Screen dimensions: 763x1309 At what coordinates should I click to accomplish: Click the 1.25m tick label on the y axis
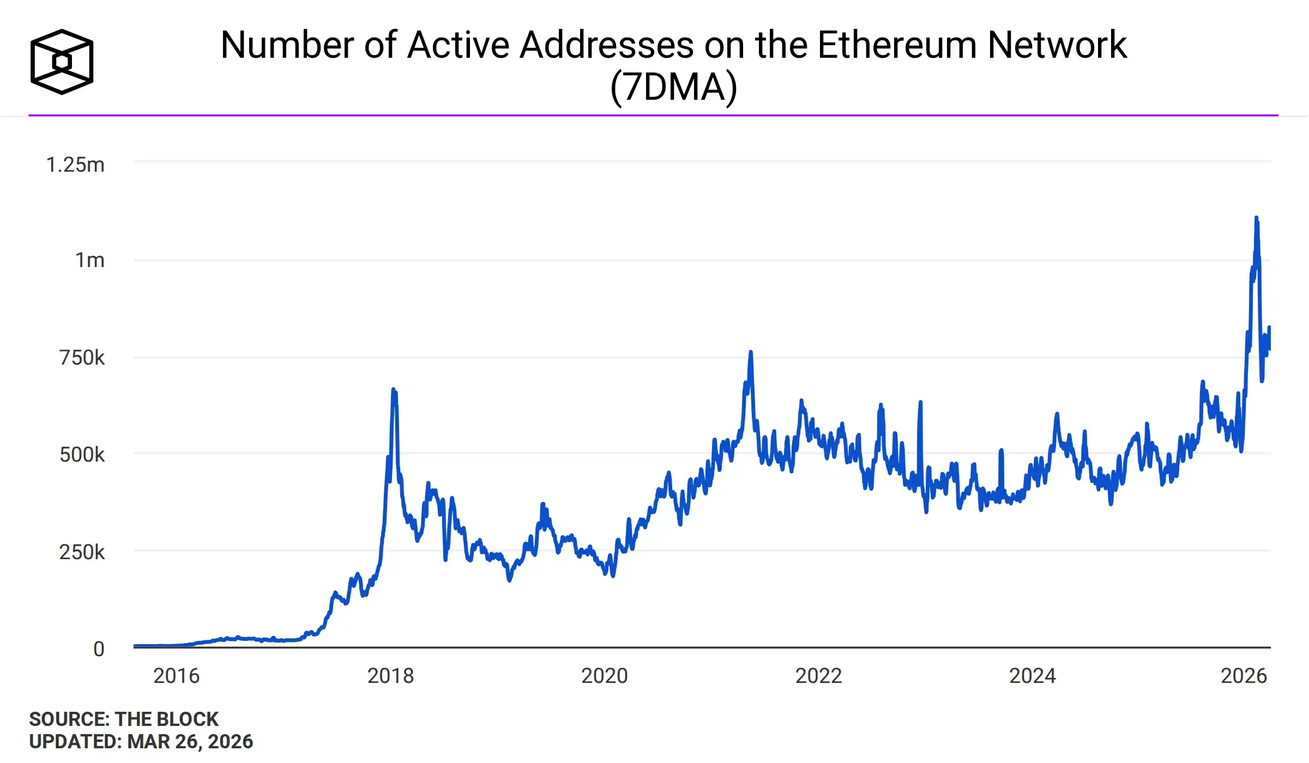point(75,165)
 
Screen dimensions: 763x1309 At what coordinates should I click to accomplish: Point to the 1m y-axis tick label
point(89,261)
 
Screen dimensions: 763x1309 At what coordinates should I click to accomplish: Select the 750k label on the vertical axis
point(82,358)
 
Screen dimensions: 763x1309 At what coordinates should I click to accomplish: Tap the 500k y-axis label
point(82,455)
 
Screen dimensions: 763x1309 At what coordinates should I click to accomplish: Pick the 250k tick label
point(82,552)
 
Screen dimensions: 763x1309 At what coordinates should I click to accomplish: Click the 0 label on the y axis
point(99,649)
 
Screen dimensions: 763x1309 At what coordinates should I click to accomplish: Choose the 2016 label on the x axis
point(176,676)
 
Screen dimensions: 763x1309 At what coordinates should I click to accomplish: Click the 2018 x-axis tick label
point(390,676)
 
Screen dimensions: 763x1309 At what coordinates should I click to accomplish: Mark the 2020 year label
point(604,676)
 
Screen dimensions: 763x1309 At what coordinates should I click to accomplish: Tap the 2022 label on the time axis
point(818,676)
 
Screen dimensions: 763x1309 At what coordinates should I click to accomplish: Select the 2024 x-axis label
point(1032,676)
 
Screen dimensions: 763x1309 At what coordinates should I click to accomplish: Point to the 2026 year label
point(1244,676)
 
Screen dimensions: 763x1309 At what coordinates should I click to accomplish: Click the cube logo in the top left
point(62,62)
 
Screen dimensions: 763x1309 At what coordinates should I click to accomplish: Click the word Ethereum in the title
point(897,45)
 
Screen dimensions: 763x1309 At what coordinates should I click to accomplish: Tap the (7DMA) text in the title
point(673,87)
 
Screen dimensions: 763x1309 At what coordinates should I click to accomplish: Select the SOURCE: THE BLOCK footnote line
point(124,719)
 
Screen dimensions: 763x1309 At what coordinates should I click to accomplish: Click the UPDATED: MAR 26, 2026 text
point(141,742)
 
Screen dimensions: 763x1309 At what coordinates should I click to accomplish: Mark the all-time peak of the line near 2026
point(1256,218)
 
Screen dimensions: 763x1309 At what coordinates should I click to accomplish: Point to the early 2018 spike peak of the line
point(393,390)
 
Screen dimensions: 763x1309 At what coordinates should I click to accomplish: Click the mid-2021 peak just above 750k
point(751,353)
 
